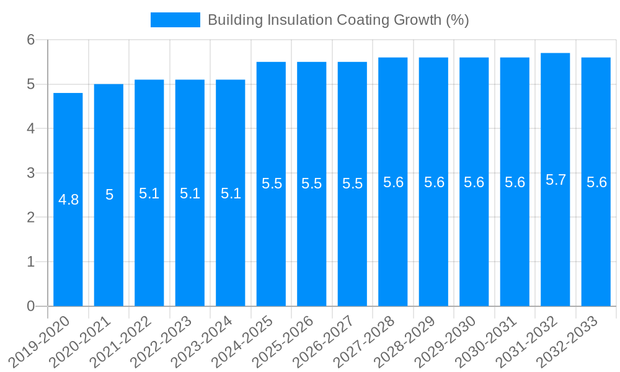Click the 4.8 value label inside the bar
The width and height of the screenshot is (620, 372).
click(68, 200)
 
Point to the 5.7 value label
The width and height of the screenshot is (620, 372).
click(556, 180)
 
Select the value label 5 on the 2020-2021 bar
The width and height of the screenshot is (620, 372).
click(109, 195)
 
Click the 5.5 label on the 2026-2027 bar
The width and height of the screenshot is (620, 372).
click(352, 184)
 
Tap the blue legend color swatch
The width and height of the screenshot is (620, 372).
click(175, 20)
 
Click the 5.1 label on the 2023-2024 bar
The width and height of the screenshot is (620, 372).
click(231, 193)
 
